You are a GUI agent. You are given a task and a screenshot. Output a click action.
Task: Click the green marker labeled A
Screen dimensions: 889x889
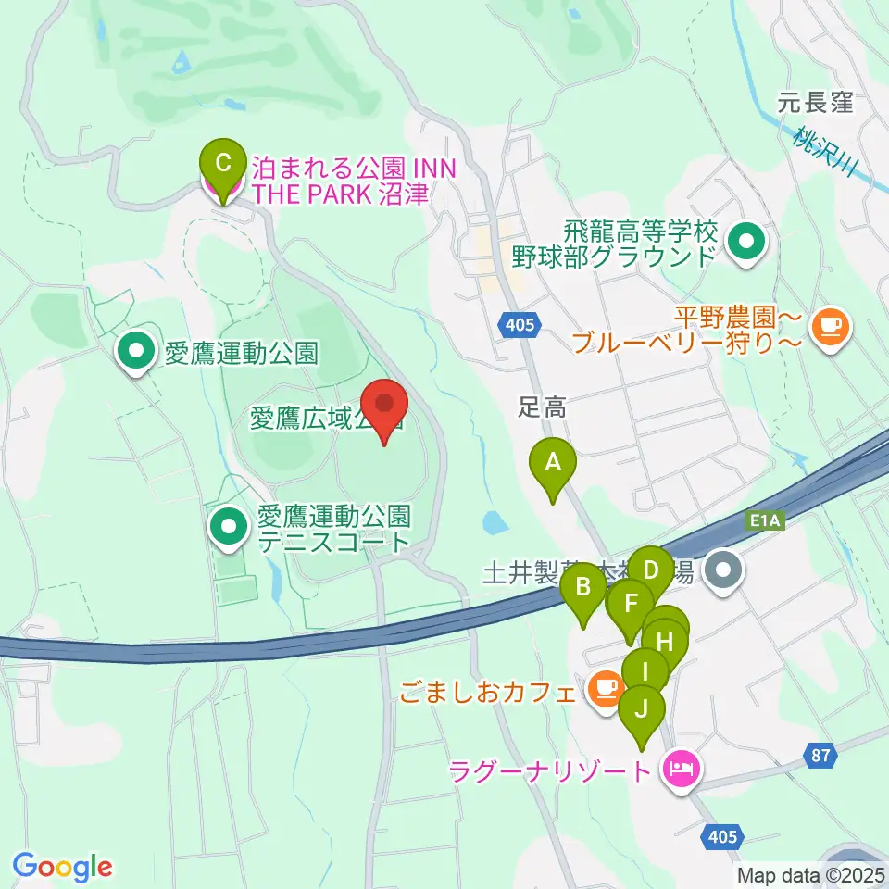[553, 461]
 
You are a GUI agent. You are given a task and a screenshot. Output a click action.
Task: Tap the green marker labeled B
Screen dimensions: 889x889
[583, 587]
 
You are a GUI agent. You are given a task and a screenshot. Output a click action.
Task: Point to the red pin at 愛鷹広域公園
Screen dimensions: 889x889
[383, 406]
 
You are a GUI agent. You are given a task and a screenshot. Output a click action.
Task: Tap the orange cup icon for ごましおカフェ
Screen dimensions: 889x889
[605, 688]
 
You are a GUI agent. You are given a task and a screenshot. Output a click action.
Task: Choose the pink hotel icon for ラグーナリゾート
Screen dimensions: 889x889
[681, 769]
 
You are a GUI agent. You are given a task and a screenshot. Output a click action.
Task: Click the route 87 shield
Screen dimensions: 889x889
[820, 756]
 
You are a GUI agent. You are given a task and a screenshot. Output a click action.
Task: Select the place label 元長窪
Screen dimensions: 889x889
[815, 104]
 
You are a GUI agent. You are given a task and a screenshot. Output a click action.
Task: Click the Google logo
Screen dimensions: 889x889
[63, 868]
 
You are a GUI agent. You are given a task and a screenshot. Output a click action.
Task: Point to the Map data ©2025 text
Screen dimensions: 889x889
[811, 874]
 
